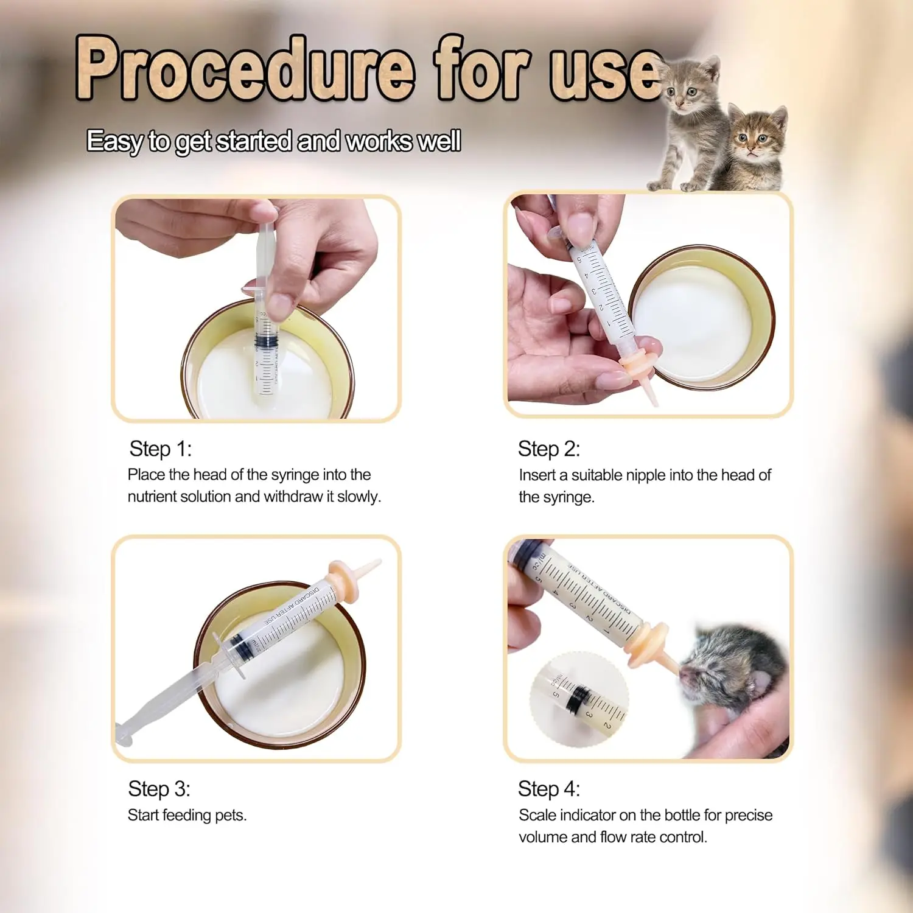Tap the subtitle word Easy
pyautogui.click(x=114, y=141)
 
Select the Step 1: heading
pyautogui.click(x=160, y=449)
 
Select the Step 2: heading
pyautogui.click(x=548, y=449)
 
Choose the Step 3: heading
pyautogui.click(x=159, y=789)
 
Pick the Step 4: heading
pyautogui.click(x=548, y=789)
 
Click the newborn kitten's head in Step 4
pyautogui.click(x=727, y=666)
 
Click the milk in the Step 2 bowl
pyautogui.click(x=691, y=323)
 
